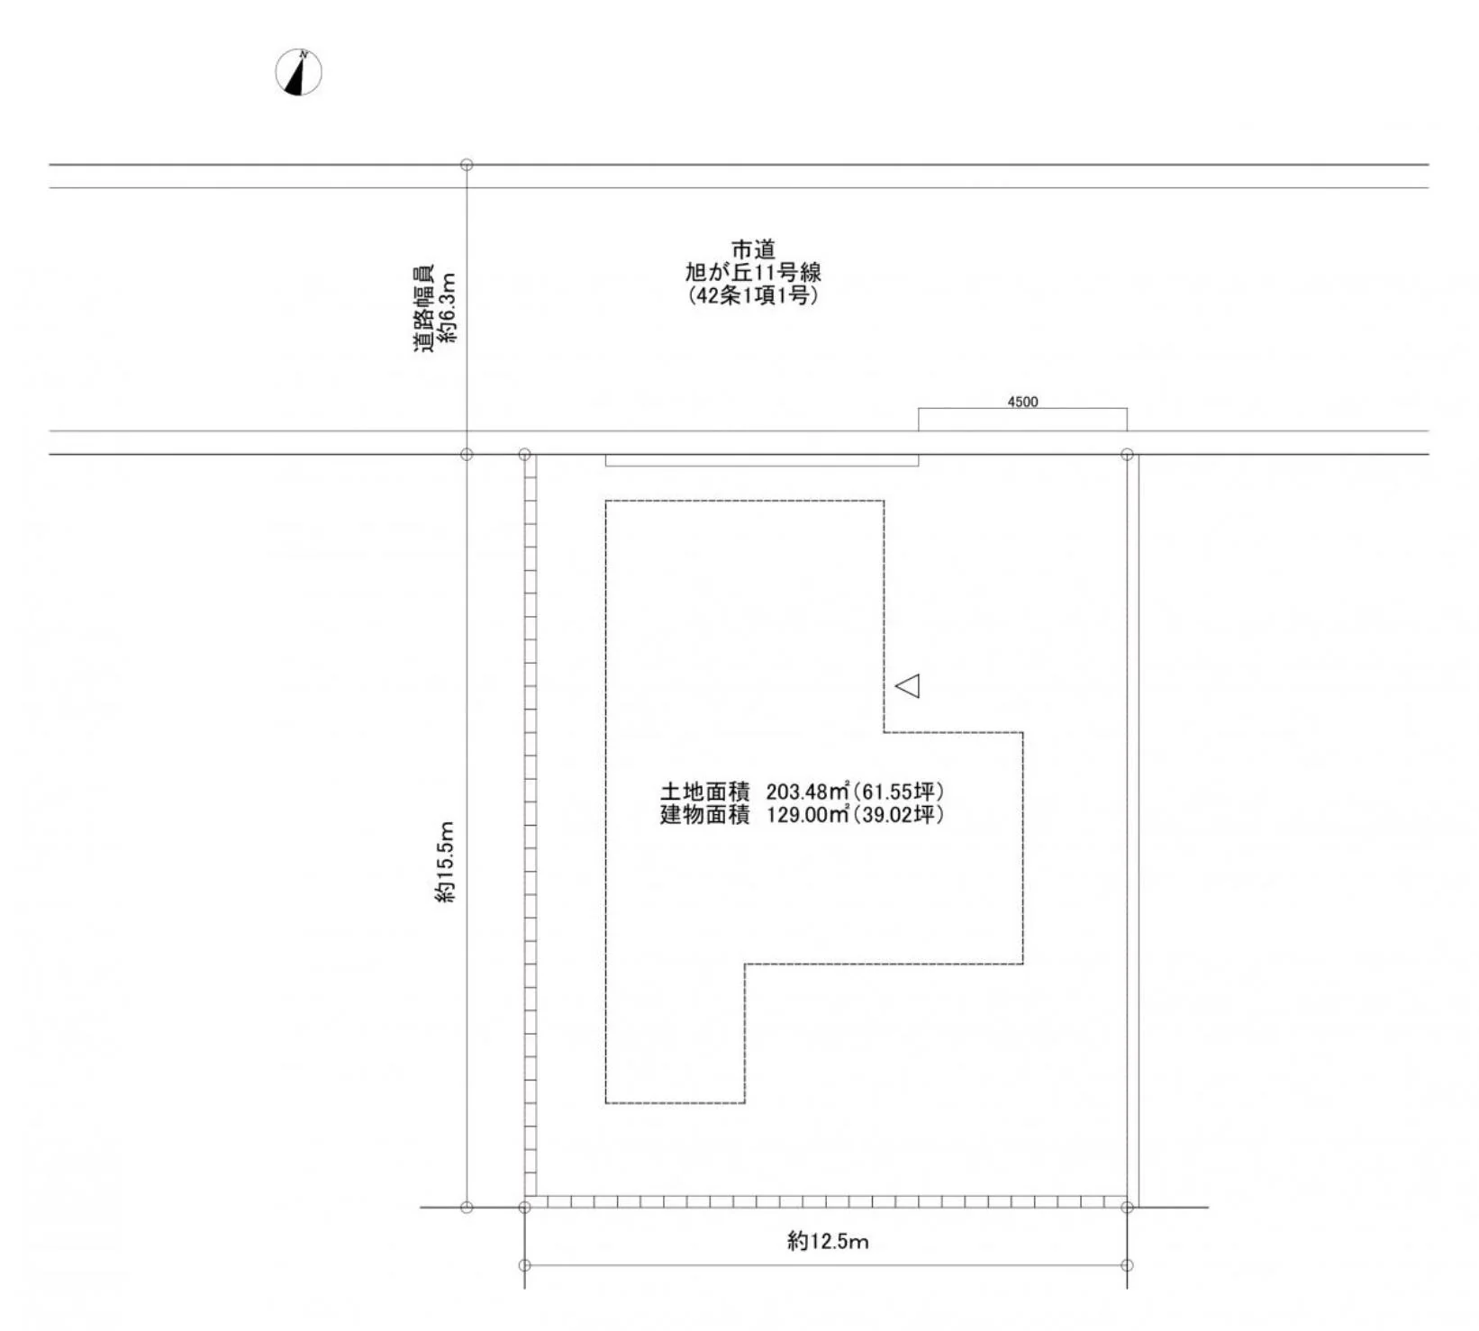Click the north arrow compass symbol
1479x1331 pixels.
click(x=298, y=72)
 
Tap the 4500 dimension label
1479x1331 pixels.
click(x=1022, y=402)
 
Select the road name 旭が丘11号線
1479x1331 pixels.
click(x=753, y=272)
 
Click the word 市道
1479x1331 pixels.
click(x=753, y=249)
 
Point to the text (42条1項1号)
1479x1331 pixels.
click(x=753, y=295)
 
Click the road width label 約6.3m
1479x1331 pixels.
click(x=449, y=308)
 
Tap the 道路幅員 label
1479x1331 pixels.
click(x=424, y=308)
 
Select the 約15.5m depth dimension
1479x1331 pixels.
click(x=447, y=862)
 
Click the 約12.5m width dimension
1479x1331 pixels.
click(x=828, y=1242)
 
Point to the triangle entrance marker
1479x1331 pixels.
click(x=907, y=685)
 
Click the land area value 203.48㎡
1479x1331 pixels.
click(x=808, y=792)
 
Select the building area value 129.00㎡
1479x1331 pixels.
click(x=808, y=815)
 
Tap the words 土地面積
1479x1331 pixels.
click(x=704, y=792)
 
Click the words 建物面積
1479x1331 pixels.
click(x=704, y=815)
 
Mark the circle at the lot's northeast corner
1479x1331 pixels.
click(x=1127, y=455)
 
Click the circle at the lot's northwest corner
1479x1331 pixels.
click(x=525, y=455)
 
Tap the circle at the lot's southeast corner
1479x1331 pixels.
click(x=1127, y=1207)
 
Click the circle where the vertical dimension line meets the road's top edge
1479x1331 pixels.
click(x=467, y=165)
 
